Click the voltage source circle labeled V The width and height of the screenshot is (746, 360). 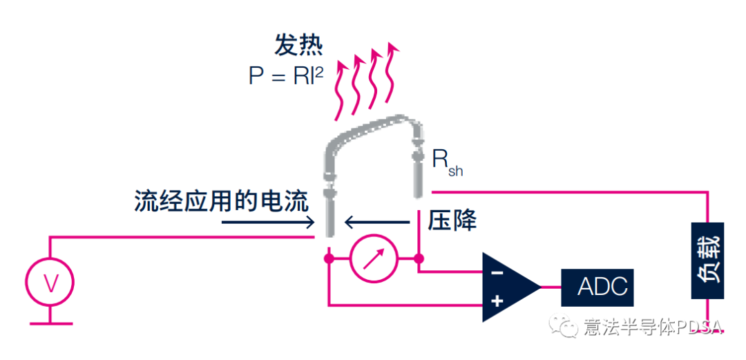click(x=50, y=282)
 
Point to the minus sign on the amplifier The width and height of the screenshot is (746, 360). click(x=497, y=272)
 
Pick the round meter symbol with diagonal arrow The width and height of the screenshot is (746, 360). click(x=374, y=259)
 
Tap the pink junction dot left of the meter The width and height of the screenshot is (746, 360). click(x=329, y=259)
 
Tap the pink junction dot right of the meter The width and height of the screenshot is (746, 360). click(x=419, y=259)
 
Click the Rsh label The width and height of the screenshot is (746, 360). click(x=446, y=162)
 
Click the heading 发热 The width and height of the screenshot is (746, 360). click(x=298, y=46)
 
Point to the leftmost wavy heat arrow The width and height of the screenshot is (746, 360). click(x=341, y=90)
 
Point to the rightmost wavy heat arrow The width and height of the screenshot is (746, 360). click(x=392, y=76)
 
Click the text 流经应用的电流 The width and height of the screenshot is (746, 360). click(x=221, y=201)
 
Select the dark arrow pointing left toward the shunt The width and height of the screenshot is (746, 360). click(x=377, y=222)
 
